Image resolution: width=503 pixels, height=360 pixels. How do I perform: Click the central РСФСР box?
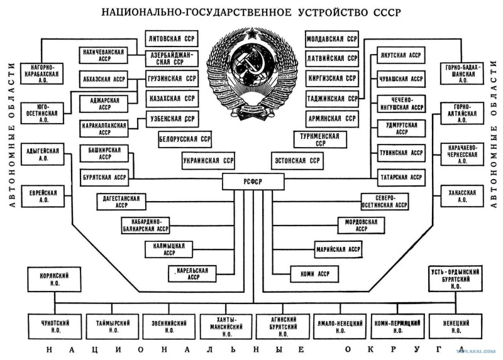[254, 183]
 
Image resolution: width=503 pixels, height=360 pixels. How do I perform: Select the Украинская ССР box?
[209, 160]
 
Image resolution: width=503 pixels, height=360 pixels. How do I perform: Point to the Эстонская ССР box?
[297, 160]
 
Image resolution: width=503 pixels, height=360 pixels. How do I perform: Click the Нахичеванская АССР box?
[102, 55]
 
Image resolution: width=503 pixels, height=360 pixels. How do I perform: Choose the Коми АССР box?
[315, 274]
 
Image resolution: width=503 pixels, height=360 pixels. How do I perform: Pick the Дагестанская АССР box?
[121, 202]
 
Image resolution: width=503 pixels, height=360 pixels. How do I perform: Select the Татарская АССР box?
[401, 177]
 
